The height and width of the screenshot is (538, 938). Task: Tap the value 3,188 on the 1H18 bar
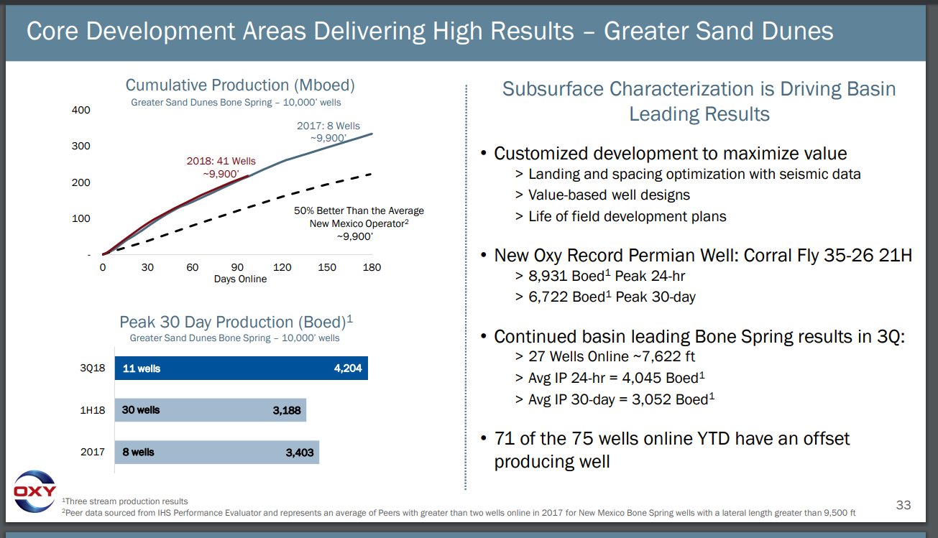[287, 410]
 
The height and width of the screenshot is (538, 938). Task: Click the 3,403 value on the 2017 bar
[299, 452]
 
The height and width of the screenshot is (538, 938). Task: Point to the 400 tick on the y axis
[81, 110]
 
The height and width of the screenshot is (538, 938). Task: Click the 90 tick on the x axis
[237, 267]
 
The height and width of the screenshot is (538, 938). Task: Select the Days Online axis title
[240, 279]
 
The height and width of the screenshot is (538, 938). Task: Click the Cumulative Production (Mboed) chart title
[240, 85]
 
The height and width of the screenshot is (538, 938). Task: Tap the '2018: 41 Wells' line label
[221, 161]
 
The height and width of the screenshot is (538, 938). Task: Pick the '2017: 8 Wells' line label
[328, 126]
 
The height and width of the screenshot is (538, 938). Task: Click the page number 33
[903, 505]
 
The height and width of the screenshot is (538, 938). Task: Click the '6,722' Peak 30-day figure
[548, 297]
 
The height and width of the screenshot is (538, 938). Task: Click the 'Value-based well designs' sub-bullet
[609, 195]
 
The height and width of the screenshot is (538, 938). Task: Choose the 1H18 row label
[92, 410]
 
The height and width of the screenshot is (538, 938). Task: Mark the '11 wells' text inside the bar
[142, 368]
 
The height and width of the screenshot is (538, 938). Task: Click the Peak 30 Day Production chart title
[236, 322]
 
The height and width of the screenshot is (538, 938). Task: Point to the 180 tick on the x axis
[372, 267]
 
